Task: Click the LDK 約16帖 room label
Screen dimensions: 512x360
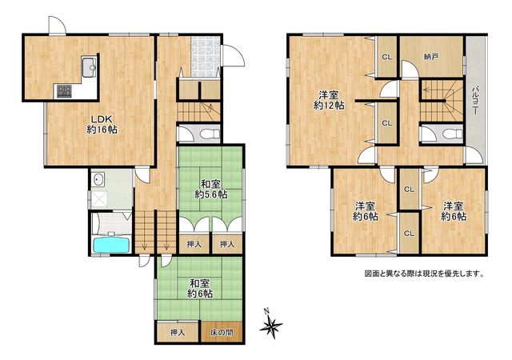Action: (102, 124)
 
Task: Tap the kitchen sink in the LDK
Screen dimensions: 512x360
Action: (89, 67)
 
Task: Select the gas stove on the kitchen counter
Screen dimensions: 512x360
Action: (64, 91)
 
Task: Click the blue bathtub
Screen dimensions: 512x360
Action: (112, 245)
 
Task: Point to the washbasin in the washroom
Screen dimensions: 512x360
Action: (98, 179)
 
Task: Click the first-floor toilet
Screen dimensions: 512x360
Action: (210, 134)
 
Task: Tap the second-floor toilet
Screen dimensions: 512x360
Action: (454, 134)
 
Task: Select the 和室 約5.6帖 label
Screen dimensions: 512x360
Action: (210, 189)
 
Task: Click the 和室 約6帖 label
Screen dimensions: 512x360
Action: (200, 289)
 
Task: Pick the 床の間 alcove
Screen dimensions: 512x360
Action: (222, 333)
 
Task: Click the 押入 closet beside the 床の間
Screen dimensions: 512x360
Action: (178, 333)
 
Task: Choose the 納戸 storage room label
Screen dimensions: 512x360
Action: (431, 57)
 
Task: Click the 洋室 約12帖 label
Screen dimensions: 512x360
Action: (329, 100)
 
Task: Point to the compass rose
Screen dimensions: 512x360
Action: (270, 324)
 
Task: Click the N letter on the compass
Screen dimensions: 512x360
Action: (266, 310)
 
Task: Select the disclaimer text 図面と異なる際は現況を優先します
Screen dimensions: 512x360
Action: (424, 274)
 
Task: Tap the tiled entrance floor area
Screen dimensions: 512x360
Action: (206, 57)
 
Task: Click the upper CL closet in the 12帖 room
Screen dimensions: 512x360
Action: (387, 57)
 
